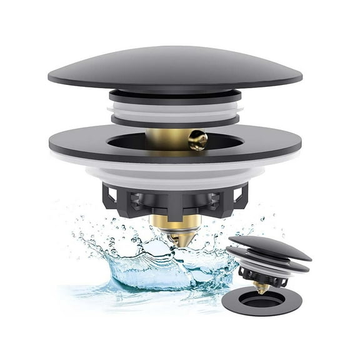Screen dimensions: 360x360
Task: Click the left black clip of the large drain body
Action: [x=112, y=194]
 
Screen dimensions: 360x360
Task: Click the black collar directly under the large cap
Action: [x=175, y=94]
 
